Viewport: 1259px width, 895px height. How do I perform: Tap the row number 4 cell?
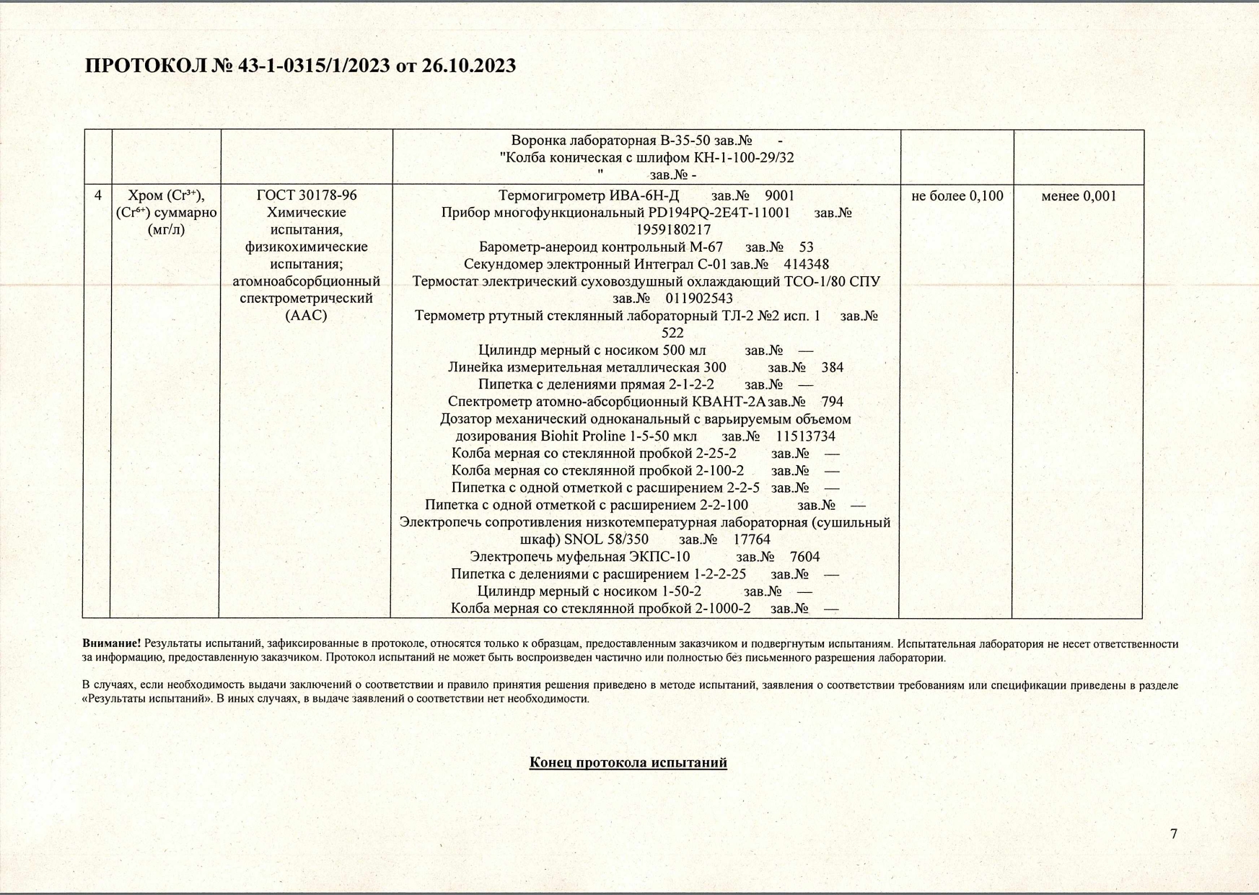97,195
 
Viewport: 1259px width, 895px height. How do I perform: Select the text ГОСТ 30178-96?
307,195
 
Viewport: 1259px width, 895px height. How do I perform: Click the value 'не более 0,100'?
957,195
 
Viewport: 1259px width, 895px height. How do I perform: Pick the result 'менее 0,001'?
1079,195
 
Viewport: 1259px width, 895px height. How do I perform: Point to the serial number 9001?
779,195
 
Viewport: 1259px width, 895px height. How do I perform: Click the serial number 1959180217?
673,230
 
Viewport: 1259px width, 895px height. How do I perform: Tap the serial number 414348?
806,265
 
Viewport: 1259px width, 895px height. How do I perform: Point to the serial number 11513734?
805,436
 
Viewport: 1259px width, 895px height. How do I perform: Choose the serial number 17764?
752,539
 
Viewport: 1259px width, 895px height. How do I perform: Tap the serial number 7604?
804,557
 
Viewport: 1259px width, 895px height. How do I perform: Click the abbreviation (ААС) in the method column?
306,316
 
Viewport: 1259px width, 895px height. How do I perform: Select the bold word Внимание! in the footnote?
111,643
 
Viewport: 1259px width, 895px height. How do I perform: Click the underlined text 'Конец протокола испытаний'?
628,762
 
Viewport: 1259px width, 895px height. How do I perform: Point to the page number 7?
1174,834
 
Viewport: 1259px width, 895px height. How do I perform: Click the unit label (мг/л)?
166,230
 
